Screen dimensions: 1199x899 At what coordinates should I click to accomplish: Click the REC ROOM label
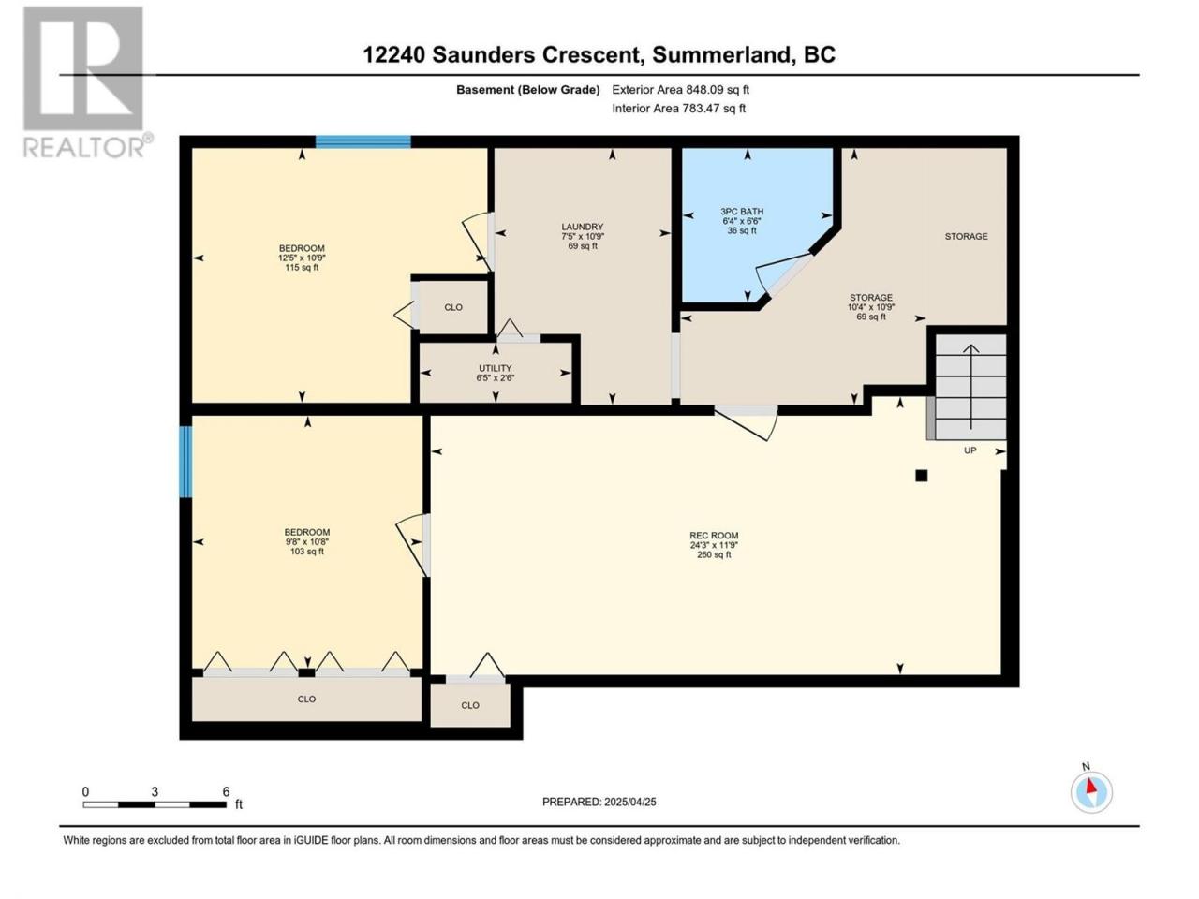pos(714,536)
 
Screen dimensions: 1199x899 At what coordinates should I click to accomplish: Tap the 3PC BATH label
pos(741,212)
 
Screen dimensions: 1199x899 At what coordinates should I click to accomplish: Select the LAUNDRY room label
pos(583,227)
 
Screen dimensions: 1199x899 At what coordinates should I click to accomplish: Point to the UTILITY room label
pos(495,368)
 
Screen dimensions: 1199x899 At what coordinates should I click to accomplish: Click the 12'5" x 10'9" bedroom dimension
pos(302,258)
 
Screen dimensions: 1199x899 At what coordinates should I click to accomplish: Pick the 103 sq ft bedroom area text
pos(307,552)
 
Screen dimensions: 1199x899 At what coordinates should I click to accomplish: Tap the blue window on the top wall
pos(363,141)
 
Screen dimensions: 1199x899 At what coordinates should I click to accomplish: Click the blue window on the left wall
pos(185,462)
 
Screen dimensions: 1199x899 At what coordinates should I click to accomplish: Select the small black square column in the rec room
pos(921,476)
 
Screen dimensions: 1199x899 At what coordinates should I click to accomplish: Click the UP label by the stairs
pos(970,450)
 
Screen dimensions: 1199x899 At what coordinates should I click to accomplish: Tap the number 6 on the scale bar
pos(226,791)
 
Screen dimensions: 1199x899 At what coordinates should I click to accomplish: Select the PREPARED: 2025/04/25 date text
pos(599,802)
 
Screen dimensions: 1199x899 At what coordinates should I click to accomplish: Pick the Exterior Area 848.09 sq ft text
pos(680,90)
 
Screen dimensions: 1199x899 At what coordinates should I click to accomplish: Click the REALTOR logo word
pos(84,147)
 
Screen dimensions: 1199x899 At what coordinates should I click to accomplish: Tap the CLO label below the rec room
pos(470,705)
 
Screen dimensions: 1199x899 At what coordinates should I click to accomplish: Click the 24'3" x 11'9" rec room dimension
pos(714,545)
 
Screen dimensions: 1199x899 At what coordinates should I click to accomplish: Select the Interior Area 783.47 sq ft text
pos(678,108)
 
